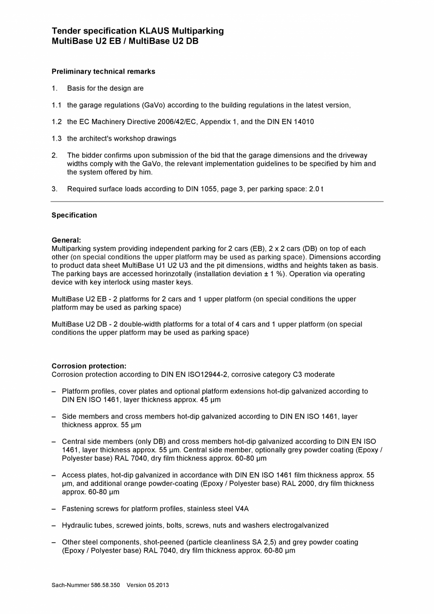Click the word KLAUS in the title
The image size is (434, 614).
(x=154, y=31)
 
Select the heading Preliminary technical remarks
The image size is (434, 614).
(x=103, y=72)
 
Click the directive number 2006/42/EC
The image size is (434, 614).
(x=175, y=122)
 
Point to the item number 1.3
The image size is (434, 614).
(x=57, y=139)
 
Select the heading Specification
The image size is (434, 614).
(x=74, y=215)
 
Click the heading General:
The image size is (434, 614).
(x=66, y=240)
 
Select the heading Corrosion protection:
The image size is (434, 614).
(x=89, y=366)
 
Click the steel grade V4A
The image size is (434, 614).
(x=242, y=509)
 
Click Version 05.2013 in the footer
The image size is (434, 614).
(x=148, y=585)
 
